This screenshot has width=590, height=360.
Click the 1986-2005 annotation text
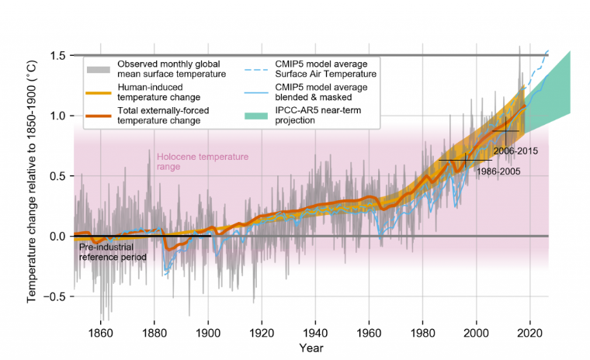[x=498, y=171]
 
